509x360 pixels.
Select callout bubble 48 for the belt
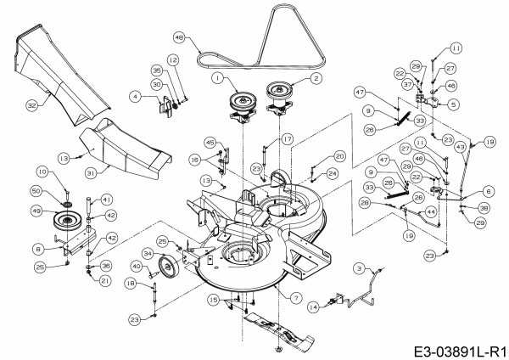pyautogui.click(x=178, y=38)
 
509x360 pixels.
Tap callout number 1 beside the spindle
pyautogui.click(x=217, y=78)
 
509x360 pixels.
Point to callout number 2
pyautogui.click(x=316, y=78)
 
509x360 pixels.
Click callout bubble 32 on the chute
pyautogui.click(x=31, y=106)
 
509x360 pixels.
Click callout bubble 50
pyautogui.click(x=36, y=190)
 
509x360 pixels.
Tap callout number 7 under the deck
pyautogui.click(x=295, y=298)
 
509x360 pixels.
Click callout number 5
pyautogui.click(x=453, y=104)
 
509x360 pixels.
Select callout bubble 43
pyautogui.click(x=460, y=145)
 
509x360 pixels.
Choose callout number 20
pyautogui.click(x=338, y=155)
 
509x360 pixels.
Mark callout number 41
pyautogui.click(x=107, y=199)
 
